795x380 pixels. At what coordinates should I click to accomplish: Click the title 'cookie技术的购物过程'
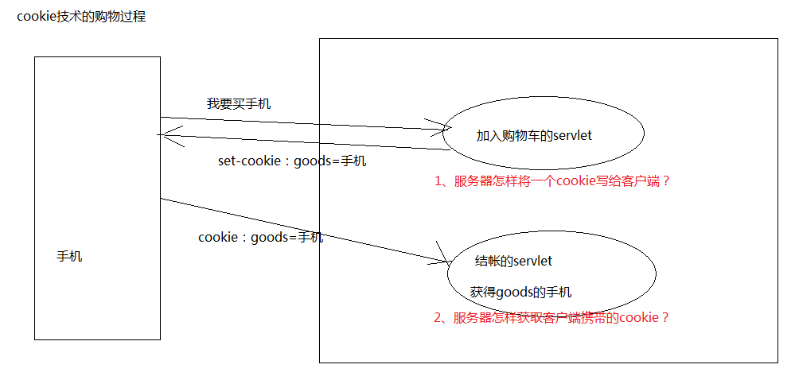coord(81,16)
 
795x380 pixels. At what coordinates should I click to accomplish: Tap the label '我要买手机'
coord(239,103)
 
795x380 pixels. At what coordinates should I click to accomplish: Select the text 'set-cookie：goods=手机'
coord(292,161)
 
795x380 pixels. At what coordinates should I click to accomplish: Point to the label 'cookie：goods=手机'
coord(260,237)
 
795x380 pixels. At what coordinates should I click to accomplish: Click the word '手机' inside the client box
coord(69,257)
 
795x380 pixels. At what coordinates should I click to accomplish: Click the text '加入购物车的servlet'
coord(534,136)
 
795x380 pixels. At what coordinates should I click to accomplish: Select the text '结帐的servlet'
coord(513,261)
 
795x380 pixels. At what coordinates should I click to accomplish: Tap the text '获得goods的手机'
coord(520,292)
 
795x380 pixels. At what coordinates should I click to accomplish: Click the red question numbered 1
coord(552,181)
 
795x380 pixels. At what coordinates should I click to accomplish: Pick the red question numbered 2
coord(551,318)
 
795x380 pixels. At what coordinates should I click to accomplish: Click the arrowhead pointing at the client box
coord(163,136)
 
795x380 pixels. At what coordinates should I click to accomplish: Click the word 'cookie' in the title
coord(34,16)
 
